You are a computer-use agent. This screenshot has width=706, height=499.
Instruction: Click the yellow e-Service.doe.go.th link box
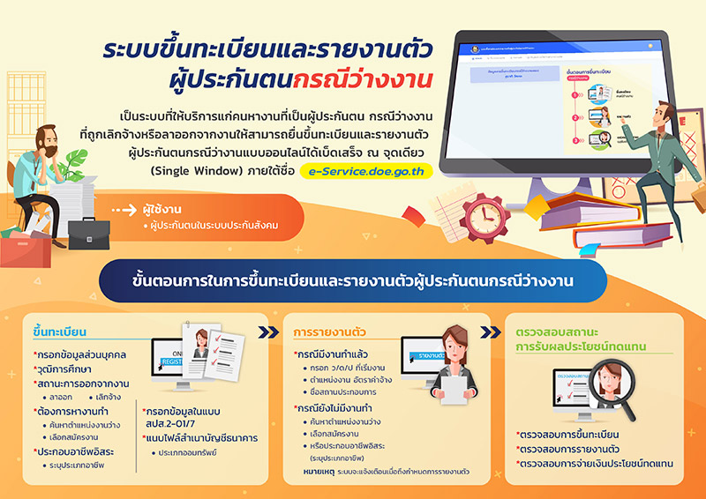click(x=365, y=171)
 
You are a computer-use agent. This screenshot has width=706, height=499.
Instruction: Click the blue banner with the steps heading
click(x=352, y=281)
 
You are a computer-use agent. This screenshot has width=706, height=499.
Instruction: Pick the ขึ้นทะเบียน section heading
click(x=59, y=331)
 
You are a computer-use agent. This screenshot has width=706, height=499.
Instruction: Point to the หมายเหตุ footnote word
click(x=317, y=473)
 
